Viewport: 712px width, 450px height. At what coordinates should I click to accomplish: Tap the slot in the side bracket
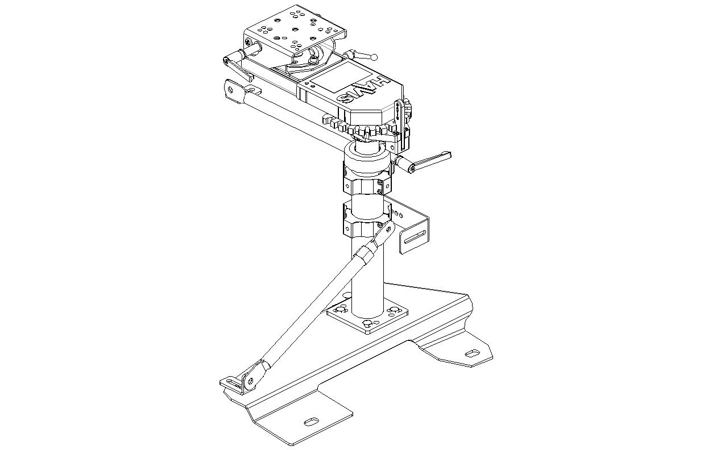click(415, 238)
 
